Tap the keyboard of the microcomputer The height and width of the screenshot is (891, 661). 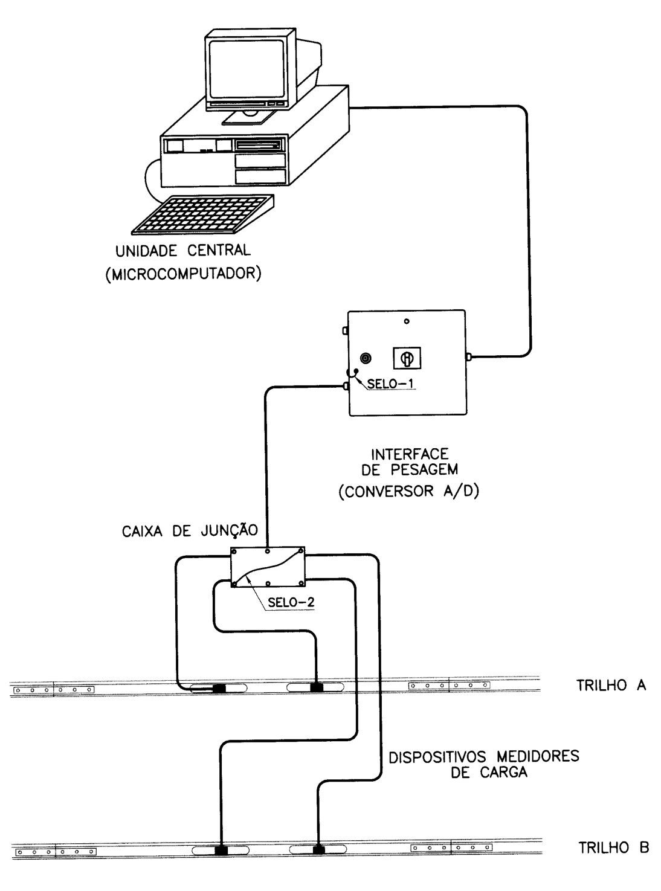tap(203, 214)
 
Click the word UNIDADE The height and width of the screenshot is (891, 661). tap(146, 251)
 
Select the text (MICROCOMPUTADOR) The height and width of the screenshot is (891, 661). tap(183, 274)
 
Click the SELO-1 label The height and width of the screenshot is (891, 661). tap(390, 384)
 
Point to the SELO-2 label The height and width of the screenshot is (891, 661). tap(291, 602)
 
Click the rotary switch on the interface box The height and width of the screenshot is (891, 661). tap(407, 358)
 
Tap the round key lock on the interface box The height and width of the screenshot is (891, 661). tap(366, 358)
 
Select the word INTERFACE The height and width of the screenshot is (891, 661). tap(410, 454)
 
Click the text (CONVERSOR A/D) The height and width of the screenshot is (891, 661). tap(409, 491)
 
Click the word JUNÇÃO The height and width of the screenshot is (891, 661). tap(228, 531)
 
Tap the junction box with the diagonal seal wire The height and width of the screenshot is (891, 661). tap(268, 567)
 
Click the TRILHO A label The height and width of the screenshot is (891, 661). tap(611, 685)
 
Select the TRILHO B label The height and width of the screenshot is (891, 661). tap(614, 848)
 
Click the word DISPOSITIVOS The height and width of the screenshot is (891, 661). tap(437, 757)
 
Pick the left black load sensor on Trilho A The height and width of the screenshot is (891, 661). tap(219, 688)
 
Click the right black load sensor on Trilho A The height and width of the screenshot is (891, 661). tap(317, 687)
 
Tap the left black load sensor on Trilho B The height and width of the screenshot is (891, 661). tap(221, 851)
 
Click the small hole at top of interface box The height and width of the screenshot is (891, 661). tap(407, 321)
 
